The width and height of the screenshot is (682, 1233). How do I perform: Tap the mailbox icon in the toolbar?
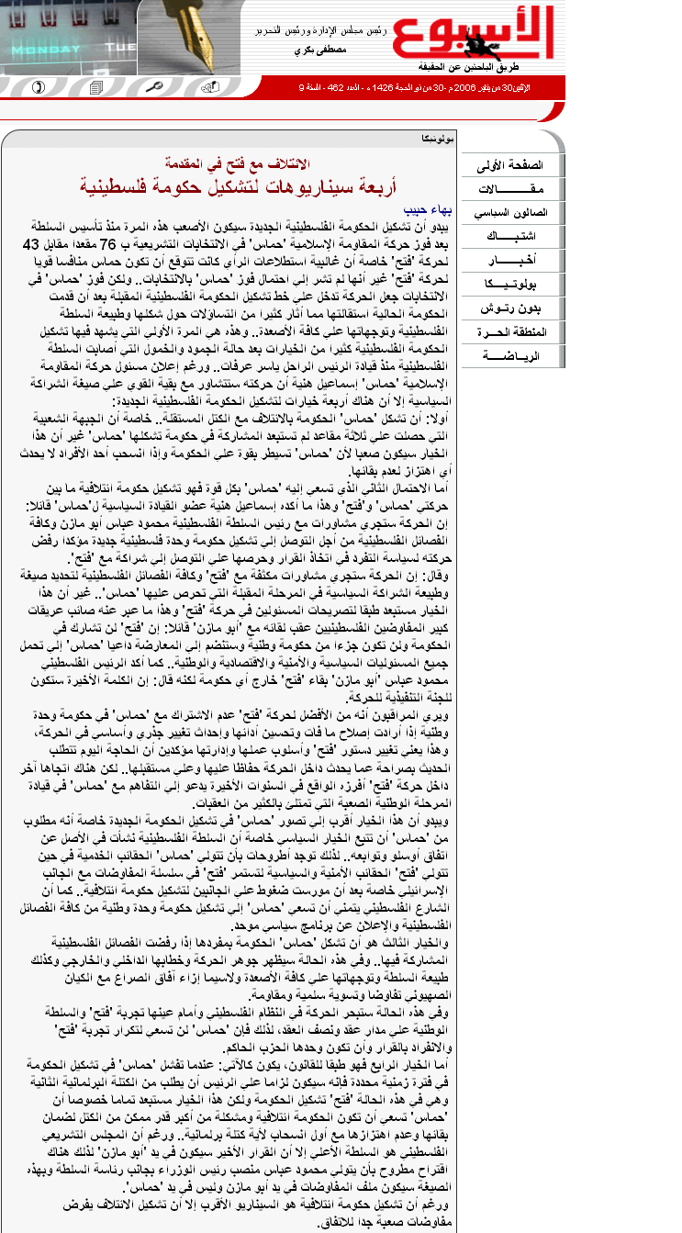(x=211, y=87)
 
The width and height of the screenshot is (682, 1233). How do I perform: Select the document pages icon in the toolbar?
(x=95, y=88)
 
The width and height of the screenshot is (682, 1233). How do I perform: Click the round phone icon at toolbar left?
(x=38, y=88)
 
